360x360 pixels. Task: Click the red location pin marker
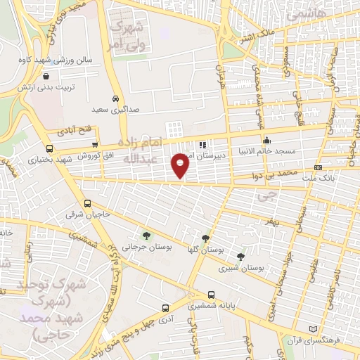coord(180,166)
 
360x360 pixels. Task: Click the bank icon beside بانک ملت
coord(318,167)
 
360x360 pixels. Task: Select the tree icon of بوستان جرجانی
coord(146,236)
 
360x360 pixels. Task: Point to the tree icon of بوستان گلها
coord(205,238)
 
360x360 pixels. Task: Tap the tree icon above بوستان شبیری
coord(241,257)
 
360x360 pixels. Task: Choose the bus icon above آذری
coord(165,308)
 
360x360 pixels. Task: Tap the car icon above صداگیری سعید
coord(115,98)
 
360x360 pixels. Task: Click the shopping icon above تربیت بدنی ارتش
coord(46,77)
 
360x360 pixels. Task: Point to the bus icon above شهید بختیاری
coord(49,148)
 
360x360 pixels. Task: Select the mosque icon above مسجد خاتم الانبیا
coord(266,139)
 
